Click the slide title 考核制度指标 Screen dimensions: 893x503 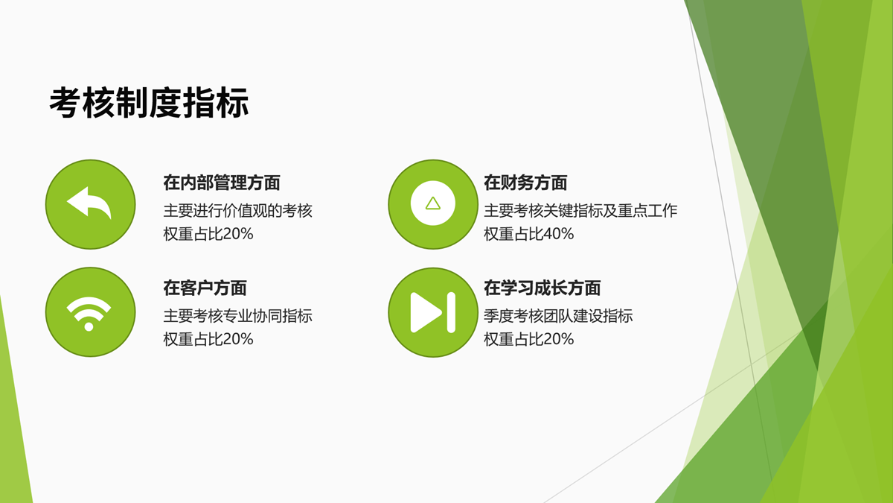[149, 103]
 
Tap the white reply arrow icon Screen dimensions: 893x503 [89, 203]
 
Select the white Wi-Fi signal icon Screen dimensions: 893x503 [89, 314]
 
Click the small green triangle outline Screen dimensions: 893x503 [432, 203]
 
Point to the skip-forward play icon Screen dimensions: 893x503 [433, 312]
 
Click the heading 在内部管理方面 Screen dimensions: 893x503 [222, 183]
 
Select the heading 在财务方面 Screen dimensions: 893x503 [525, 183]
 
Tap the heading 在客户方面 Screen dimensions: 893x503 [205, 288]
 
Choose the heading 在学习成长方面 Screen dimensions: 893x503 [542, 288]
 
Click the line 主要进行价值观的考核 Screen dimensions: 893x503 [237, 211]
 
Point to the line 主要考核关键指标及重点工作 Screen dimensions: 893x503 [581, 211]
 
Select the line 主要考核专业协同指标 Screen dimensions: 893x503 [237, 316]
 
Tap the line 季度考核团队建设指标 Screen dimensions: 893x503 [558, 316]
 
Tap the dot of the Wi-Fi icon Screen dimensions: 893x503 [89, 327]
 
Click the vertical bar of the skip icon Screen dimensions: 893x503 [451, 312]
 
